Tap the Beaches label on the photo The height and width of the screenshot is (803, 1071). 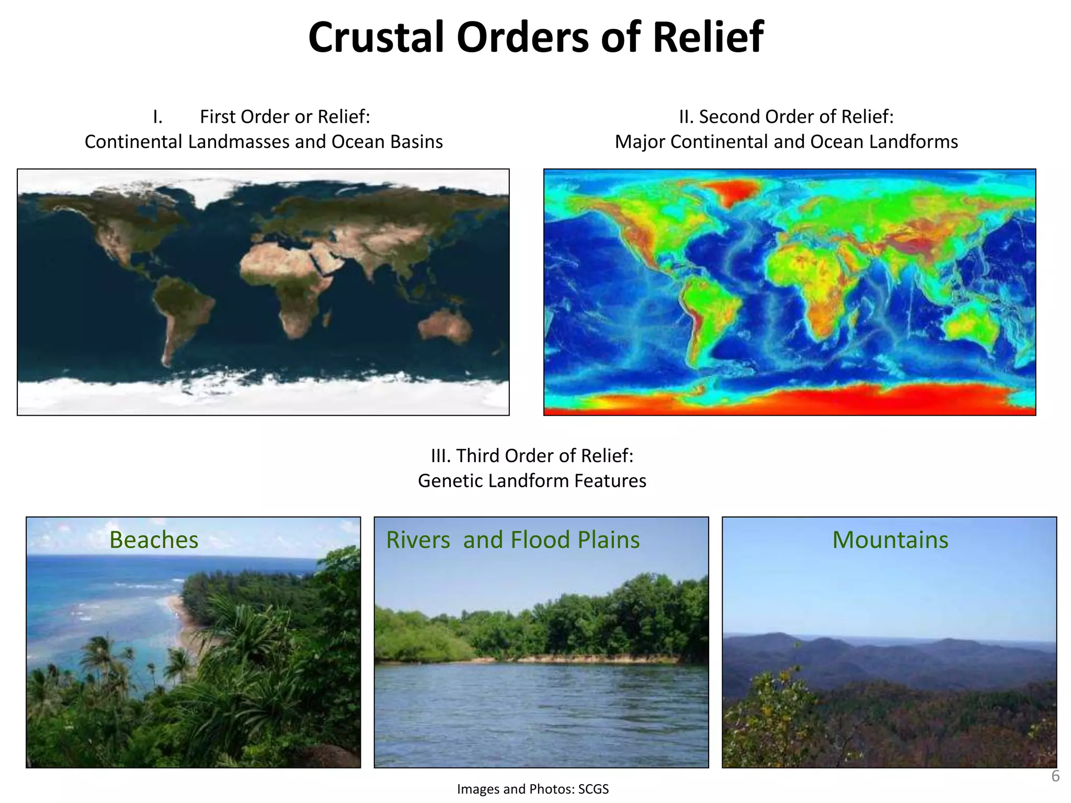[154, 540]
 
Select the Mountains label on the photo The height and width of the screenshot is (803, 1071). [890, 540]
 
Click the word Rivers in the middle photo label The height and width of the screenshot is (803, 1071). [418, 540]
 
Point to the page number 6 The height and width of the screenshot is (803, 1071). [1055, 776]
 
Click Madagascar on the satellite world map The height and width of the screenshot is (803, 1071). [327, 317]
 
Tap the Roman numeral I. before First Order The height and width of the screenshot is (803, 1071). [157, 117]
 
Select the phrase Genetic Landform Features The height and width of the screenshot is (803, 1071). [532, 480]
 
